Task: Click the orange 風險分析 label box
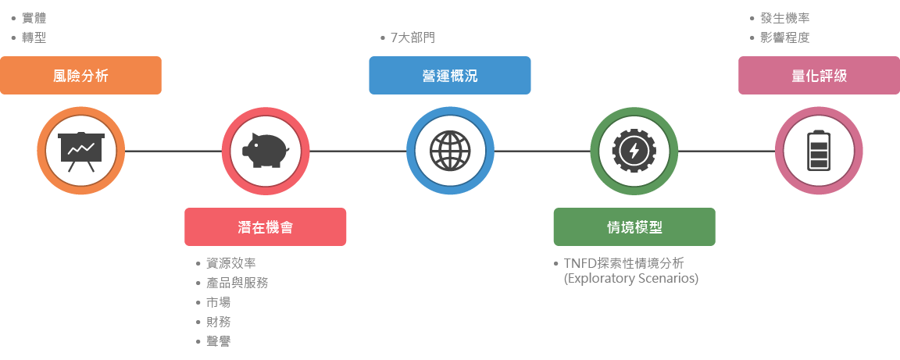tap(80, 76)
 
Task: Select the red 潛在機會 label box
tap(266, 227)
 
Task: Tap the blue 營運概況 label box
tap(449, 76)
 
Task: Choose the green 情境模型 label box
tap(634, 227)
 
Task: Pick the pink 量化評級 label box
tap(819, 76)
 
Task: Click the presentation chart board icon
tap(81, 150)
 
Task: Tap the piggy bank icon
tap(266, 150)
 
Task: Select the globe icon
tap(450, 150)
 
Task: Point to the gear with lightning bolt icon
tap(634, 150)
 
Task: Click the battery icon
tap(819, 150)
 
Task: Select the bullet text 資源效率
tap(230, 263)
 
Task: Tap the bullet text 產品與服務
tap(237, 283)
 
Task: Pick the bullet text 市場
tap(218, 302)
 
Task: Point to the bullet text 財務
tap(218, 322)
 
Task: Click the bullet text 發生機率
tap(784, 18)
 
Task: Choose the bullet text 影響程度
tap(784, 37)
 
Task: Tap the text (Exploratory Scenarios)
tap(630, 278)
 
